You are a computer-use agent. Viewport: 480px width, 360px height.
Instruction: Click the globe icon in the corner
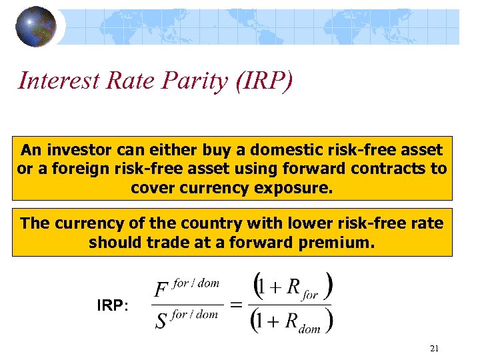tap(37, 27)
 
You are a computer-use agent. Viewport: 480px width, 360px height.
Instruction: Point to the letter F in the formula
tap(161, 290)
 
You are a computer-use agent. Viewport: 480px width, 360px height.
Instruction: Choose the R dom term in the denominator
tap(300, 321)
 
